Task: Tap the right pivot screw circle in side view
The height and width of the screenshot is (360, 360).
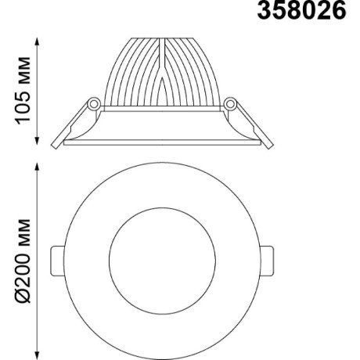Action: pyautogui.click(x=230, y=103)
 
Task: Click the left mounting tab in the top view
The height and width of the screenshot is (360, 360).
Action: pyautogui.click(x=57, y=258)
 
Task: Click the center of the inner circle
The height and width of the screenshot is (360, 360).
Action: pyautogui.click(x=162, y=258)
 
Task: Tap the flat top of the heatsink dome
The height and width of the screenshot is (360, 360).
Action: pyautogui.click(x=162, y=36)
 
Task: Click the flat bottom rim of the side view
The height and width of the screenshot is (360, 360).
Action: pyautogui.click(x=162, y=144)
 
